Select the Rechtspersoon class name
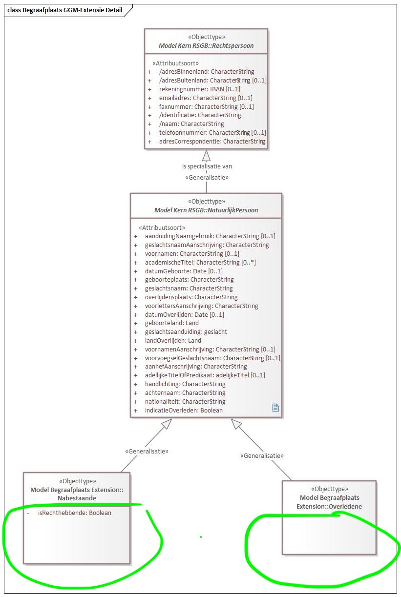click(206, 46)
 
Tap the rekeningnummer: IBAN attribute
click(200, 89)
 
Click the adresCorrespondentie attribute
click(212, 142)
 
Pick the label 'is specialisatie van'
click(207, 166)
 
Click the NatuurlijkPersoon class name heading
click(206, 210)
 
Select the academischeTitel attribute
click(200, 262)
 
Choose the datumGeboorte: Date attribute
click(184, 271)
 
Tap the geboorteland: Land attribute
click(172, 323)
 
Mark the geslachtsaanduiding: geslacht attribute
click(186, 332)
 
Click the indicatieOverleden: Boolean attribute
click(184, 411)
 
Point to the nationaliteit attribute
click(185, 402)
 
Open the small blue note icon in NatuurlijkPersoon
click(275, 408)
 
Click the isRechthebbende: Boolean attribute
click(74, 513)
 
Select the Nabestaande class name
click(77, 498)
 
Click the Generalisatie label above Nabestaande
click(147, 452)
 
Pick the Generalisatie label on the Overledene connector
click(262, 455)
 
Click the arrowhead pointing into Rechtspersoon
click(207, 155)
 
